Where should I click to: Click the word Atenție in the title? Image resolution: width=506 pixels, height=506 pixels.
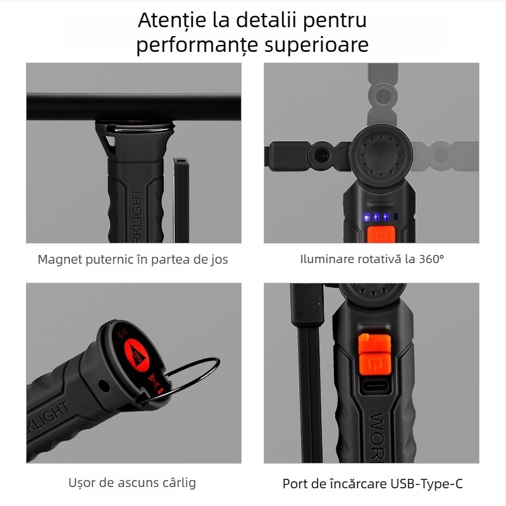coord(171,20)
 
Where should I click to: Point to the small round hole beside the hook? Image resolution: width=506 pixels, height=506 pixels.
coord(103,384)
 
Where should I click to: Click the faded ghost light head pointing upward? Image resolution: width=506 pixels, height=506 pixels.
coord(381,95)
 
